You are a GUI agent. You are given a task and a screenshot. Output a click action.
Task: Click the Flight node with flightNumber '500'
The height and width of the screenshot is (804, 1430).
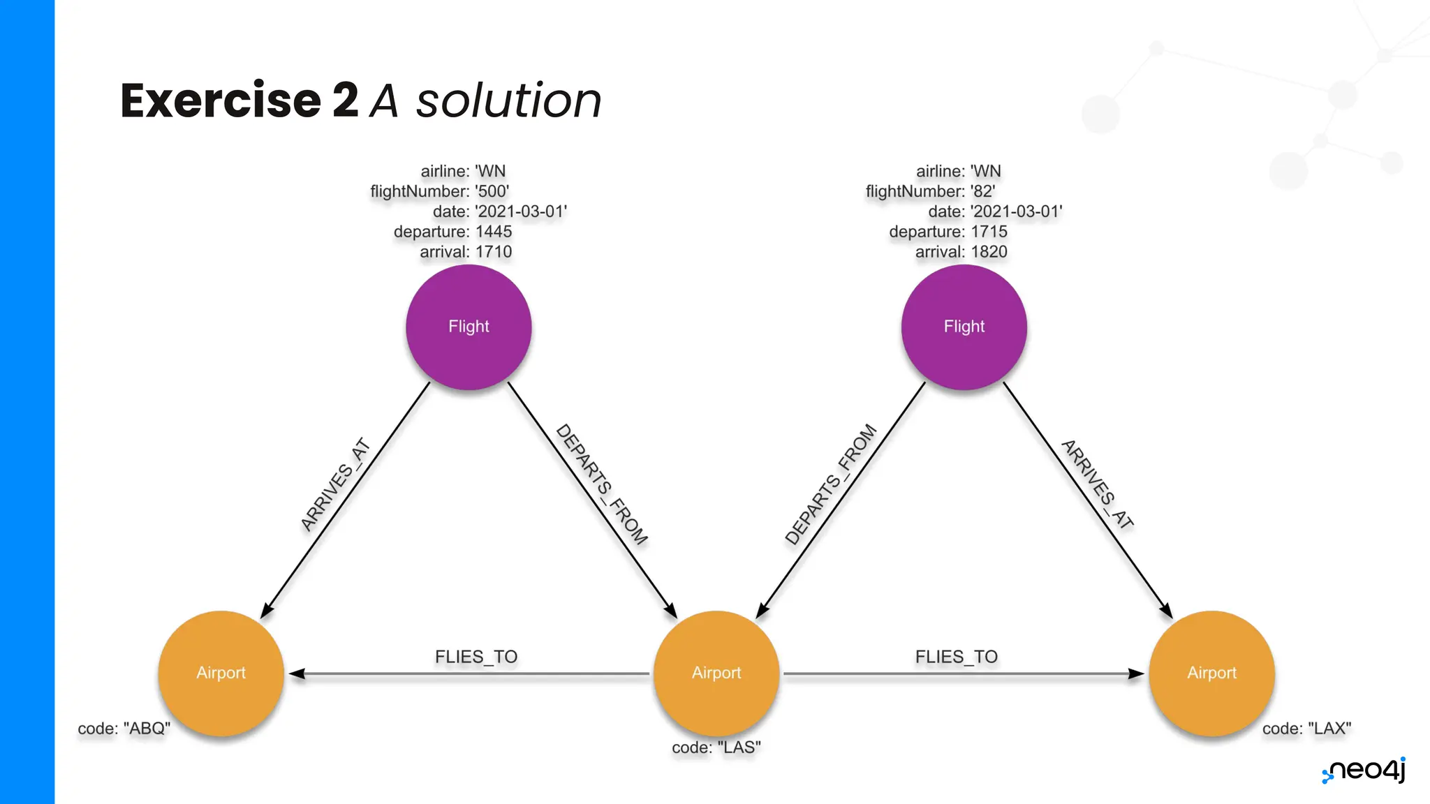point(469,327)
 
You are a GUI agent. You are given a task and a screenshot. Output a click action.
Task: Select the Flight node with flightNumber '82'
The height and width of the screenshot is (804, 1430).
point(964,327)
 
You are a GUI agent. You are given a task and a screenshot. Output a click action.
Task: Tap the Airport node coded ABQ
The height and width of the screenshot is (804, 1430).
point(221,673)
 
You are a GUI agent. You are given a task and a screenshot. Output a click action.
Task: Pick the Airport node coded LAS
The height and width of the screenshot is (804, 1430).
point(716,673)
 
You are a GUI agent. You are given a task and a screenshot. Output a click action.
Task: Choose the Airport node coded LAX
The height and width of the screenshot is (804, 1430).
point(1211,673)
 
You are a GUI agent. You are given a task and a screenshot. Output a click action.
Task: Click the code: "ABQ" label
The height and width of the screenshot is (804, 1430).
point(124,729)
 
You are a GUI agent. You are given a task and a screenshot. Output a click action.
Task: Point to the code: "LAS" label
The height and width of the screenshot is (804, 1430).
point(716,747)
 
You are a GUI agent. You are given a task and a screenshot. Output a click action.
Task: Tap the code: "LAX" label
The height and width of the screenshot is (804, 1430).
point(1306,729)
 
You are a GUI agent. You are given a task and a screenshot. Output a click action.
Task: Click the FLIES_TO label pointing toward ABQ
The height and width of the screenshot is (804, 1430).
point(476,657)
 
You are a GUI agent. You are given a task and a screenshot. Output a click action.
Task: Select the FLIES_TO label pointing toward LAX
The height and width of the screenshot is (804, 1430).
point(957,657)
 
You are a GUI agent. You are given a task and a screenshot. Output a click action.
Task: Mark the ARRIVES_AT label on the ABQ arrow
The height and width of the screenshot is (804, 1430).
point(335,484)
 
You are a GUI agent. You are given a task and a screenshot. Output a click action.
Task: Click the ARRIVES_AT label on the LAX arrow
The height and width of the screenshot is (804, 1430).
point(1097,484)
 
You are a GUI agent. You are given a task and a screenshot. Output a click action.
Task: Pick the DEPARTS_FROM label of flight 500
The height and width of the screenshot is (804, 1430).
point(601,484)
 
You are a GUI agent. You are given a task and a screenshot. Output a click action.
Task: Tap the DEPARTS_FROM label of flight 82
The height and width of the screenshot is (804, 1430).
point(830,484)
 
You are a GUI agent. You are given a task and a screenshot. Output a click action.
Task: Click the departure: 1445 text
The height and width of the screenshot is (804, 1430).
point(452,232)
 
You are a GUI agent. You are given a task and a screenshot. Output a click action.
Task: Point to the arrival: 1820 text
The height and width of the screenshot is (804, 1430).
point(961,252)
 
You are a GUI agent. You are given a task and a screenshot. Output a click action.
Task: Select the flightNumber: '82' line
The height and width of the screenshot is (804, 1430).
point(930,191)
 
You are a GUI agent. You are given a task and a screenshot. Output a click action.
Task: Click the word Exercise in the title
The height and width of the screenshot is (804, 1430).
point(221,100)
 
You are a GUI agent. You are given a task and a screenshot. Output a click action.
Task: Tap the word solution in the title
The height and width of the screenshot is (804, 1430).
point(508,100)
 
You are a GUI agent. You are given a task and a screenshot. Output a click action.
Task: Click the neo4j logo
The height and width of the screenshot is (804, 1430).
point(1364,770)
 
